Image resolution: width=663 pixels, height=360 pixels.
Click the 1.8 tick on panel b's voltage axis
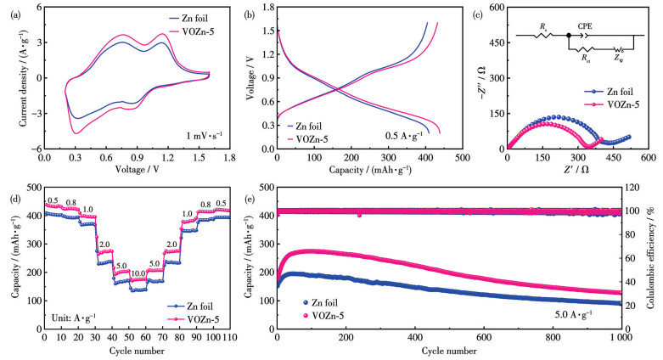pos(266,8)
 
